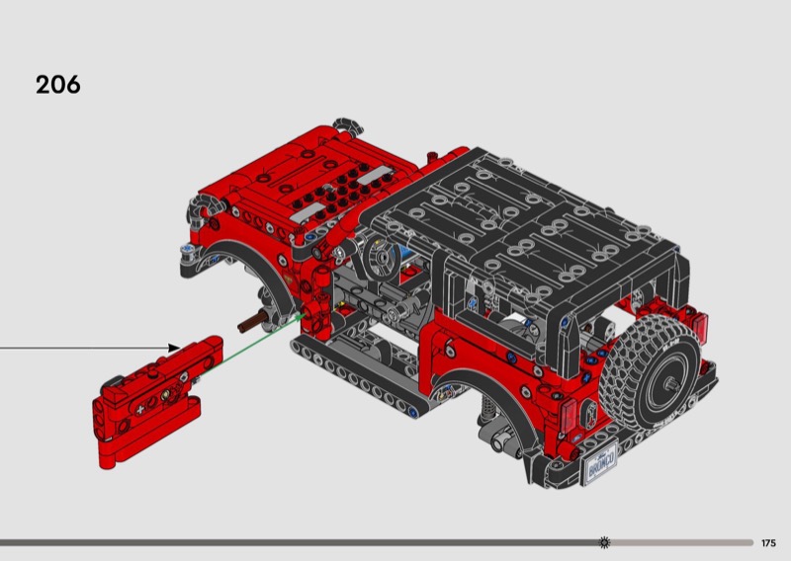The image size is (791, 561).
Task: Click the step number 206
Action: coord(58,85)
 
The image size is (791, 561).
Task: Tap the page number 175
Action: coord(769,543)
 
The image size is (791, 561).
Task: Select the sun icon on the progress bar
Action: coord(604,542)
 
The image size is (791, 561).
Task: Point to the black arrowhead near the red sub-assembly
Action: coord(173,348)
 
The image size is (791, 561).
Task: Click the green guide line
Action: coord(252,343)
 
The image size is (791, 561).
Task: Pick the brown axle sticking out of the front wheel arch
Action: coord(251,323)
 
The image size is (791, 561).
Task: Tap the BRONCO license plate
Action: coord(600,462)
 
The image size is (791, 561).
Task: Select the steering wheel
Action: coord(382,258)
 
